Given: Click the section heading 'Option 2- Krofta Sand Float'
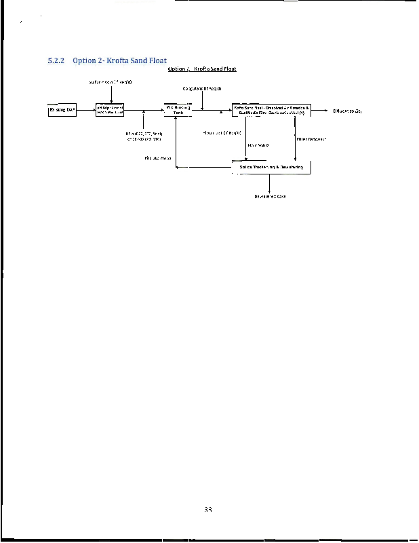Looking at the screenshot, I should coord(119,62).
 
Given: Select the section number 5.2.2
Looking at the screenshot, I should coord(56,62).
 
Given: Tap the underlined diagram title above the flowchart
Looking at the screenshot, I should coord(201,69).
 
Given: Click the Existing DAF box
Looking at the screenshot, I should coord(61,110).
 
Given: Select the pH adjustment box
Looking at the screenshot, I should coord(110,110).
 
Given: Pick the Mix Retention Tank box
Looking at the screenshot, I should coord(178,110).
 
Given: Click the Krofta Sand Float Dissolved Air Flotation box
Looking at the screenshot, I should coord(271,110).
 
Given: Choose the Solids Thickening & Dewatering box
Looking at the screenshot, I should coord(271,167).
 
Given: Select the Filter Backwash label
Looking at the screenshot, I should coord(312,138).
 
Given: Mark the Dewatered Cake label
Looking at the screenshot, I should coord(270,196).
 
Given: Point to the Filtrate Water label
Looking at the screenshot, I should coord(158,158).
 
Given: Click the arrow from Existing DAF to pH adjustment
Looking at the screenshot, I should coord(84,110).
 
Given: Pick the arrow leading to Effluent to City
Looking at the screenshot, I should coord(319,110).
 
